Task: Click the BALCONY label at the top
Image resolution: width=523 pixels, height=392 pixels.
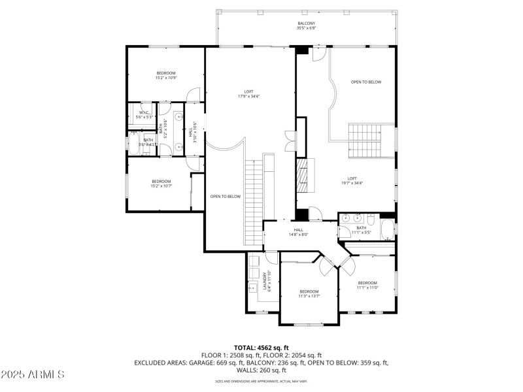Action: tap(306, 24)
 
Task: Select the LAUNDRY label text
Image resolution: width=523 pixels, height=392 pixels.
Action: tap(265, 279)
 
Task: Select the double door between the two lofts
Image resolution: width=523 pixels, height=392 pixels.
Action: tap(289, 140)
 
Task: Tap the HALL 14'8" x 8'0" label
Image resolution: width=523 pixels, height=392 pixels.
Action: tap(298, 232)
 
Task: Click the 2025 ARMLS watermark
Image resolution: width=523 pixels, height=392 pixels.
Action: tap(32, 374)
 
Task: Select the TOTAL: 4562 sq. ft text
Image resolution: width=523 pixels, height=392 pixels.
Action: tap(261, 347)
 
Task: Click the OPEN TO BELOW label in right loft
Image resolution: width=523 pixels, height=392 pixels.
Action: tap(365, 82)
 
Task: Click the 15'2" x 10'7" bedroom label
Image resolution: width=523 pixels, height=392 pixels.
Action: tap(161, 184)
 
